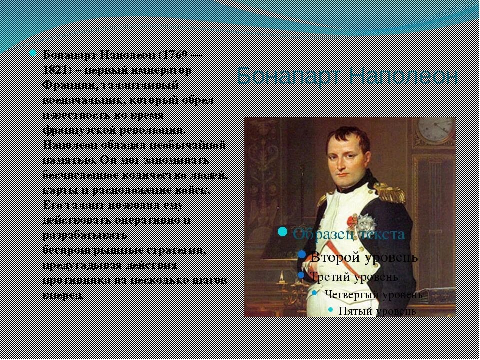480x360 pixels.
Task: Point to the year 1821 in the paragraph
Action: pos(55,69)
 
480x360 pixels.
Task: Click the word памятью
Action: pos(68,160)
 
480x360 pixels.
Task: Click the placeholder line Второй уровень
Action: pos(364,257)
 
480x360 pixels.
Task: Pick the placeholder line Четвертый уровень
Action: pos(373,294)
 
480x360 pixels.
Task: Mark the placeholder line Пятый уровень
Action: pos(377,311)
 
